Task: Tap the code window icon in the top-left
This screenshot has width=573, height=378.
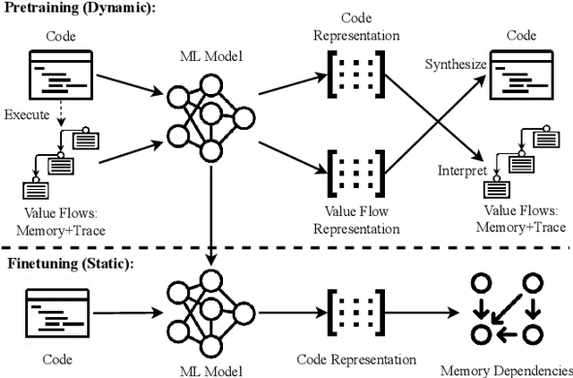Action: click(x=62, y=75)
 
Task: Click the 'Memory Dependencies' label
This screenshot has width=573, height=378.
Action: click(x=506, y=369)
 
